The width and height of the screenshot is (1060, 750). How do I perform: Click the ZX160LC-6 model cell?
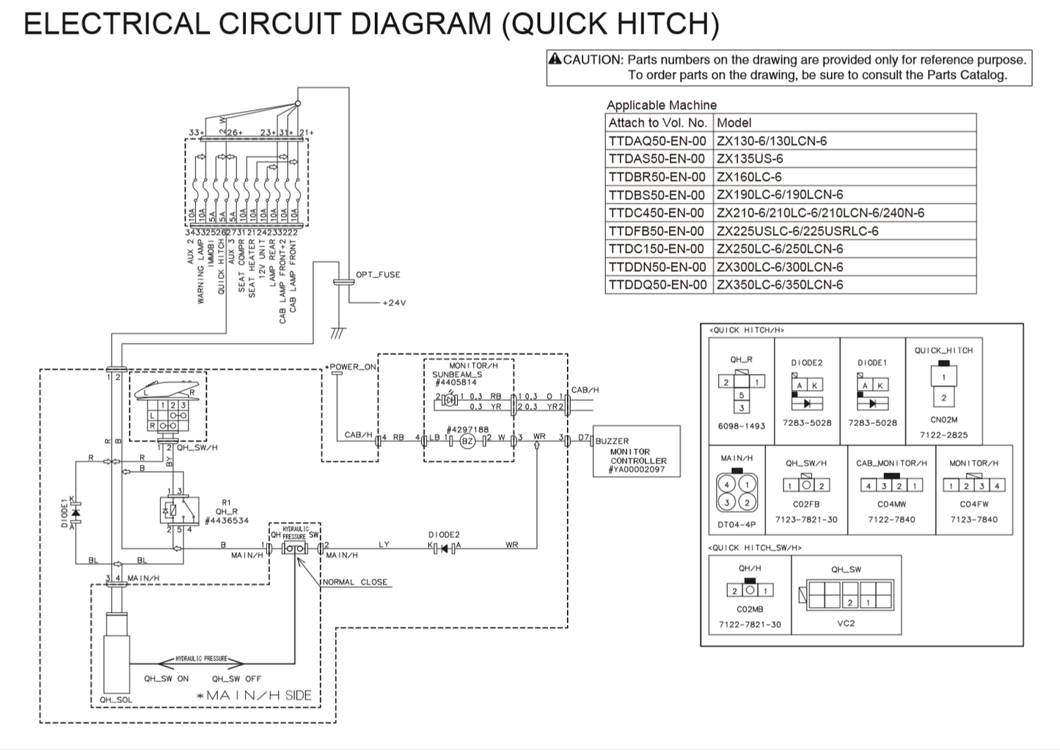[x=749, y=177]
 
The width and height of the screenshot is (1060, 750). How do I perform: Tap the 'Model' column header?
[x=734, y=122]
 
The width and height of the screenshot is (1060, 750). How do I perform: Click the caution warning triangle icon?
[x=555, y=59]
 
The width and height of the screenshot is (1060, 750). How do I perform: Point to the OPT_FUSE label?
[x=378, y=275]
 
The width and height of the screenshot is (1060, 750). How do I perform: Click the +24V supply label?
[x=393, y=303]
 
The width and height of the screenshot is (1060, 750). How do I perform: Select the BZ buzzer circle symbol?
[x=467, y=441]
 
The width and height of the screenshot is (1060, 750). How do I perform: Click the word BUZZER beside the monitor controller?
[x=612, y=441]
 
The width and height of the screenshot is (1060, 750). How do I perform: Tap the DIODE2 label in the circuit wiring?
[x=444, y=535]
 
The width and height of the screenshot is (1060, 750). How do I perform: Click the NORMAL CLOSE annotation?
[x=355, y=582]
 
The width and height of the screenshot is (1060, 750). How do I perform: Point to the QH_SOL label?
[x=116, y=699]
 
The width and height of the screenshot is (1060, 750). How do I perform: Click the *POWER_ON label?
[x=352, y=367]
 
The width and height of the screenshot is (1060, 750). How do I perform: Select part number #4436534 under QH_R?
[x=227, y=521]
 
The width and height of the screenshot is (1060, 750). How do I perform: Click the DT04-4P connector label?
[x=736, y=525]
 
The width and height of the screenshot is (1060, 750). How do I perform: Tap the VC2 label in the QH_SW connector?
[x=846, y=623]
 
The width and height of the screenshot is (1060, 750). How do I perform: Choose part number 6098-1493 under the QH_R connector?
[x=741, y=426]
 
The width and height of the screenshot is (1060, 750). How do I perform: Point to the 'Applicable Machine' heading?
[x=661, y=105]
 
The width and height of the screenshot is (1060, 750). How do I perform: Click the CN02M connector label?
[x=943, y=420]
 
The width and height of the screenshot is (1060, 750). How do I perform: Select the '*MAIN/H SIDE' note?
[x=259, y=695]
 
